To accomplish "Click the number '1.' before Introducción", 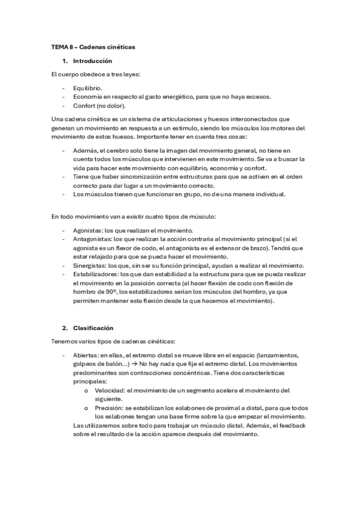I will pos(65,61).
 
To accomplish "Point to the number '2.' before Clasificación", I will pos(65,328).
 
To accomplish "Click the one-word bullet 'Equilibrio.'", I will pos(88,88).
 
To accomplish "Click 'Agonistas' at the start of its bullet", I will pos(87,230).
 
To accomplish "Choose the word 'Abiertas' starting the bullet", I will pos(86,355).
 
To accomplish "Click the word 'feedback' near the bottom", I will pos(291,426).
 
